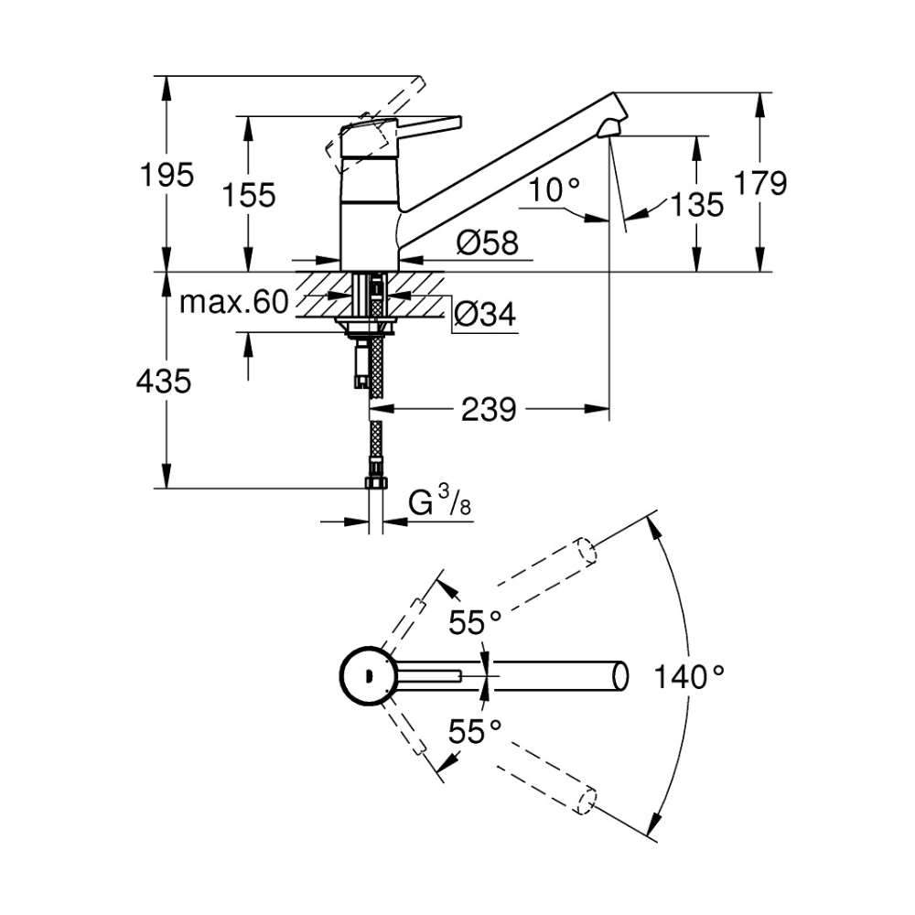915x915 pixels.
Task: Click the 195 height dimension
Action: coord(167,175)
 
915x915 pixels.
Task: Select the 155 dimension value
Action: coord(249,195)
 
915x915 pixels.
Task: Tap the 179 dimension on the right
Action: coord(759,183)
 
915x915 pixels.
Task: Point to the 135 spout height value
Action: coord(696,205)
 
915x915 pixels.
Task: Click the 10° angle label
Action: coord(554,189)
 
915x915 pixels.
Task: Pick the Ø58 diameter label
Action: coord(488,242)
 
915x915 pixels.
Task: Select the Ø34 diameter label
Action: coord(485,315)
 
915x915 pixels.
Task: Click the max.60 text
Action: coord(234,302)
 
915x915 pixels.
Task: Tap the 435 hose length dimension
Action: coord(164,382)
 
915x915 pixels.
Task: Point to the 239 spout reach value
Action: coord(489,410)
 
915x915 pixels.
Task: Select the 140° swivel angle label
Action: coord(689,677)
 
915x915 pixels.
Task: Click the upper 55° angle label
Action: coord(474,622)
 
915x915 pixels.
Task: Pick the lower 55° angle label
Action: coord(474,731)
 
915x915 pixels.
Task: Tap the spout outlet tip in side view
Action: coord(609,130)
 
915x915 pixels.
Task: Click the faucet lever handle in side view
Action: coord(403,126)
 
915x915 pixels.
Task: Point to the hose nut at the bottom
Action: coord(376,482)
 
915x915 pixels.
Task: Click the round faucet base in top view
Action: coord(369,677)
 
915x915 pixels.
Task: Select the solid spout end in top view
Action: coord(620,676)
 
